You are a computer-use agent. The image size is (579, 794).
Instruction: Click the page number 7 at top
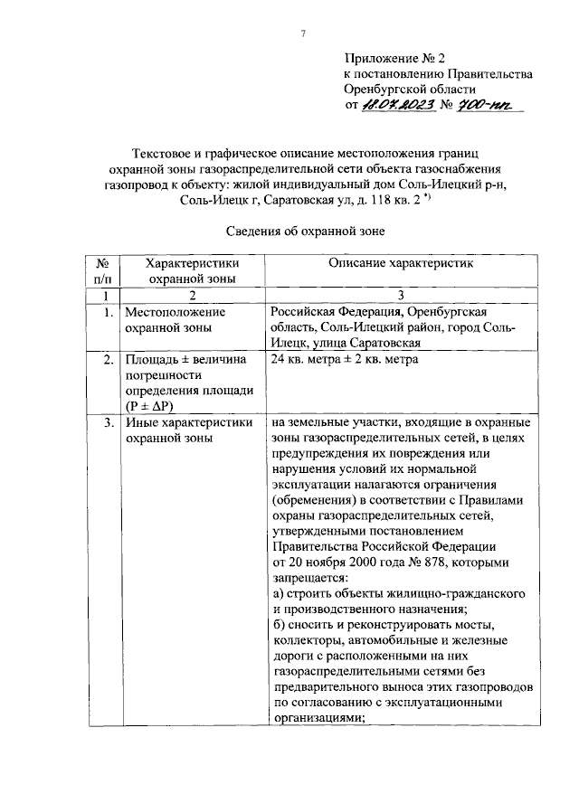(304, 34)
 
